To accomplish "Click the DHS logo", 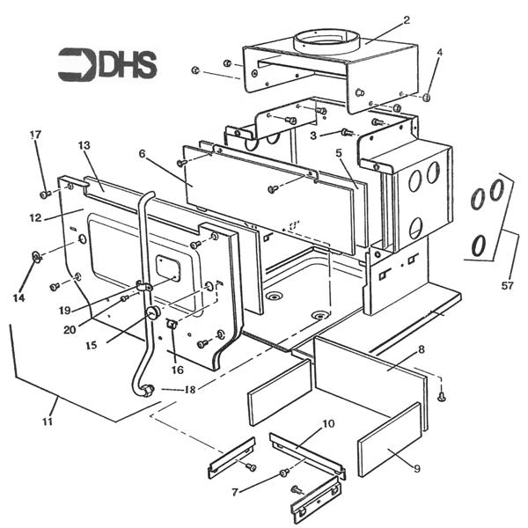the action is tap(107, 64).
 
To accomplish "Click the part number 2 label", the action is tap(407, 20).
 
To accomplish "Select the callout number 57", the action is tap(507, 286).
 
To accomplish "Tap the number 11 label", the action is tap(48, 421).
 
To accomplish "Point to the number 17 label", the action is tap(35, 135).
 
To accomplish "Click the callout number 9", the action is tap(417, 468).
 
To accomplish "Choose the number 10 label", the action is tap(328, 423).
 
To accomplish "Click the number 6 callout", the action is tap(142, 153).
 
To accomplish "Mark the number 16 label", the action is tap(178, 370).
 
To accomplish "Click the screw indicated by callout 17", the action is tap(45, 194).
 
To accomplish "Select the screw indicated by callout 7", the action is tap(284, 473).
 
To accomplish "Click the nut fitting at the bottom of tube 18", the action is tap(148, 391).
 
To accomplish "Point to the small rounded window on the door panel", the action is tap(168, 268).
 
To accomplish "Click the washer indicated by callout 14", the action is tap(36, 257).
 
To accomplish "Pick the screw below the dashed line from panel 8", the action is tap(442, 398).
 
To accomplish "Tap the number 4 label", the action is tap(439, 52).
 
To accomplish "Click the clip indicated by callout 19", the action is tap(144, 286).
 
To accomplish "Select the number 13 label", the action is tap(84, 145).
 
